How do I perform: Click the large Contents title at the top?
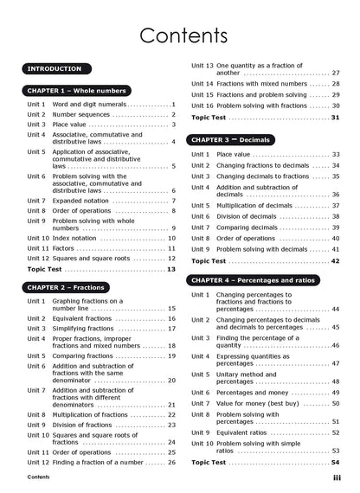183,35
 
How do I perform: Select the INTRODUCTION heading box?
55,68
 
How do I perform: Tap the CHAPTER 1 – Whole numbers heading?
77,90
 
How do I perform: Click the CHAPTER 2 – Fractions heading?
66,287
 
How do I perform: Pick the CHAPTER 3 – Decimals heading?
231,139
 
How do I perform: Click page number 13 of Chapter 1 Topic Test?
171,269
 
